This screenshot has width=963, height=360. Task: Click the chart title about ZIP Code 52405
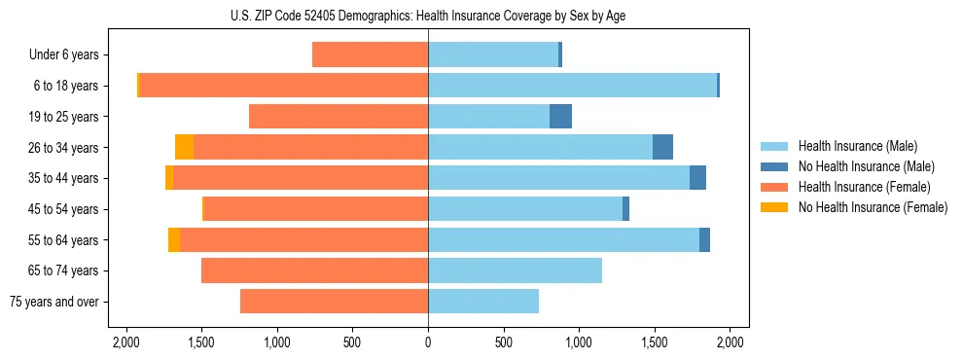[x=428, y=15]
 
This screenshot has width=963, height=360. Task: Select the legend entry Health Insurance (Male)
[x=852, y=146]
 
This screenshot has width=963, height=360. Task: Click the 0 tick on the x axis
[x=428, y=342]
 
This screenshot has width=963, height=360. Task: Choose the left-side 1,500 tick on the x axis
[x=201, y=342]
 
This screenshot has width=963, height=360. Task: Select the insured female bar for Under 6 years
[x=370, y=54]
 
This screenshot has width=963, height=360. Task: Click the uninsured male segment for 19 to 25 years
[x=560, y=117]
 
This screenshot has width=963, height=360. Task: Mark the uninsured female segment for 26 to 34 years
[x=184, y=147]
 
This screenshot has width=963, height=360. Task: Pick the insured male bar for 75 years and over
[x=483, y=302]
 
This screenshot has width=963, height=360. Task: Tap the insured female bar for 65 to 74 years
[x=314, y=270]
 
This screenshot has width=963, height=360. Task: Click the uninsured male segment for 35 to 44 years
[x=697, y=178]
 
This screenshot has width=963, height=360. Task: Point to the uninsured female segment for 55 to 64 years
[x=173, y=239]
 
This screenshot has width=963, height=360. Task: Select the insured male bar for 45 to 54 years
[x=525, y=209]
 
